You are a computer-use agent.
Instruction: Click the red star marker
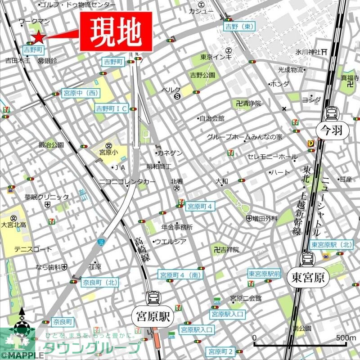coord(38,37)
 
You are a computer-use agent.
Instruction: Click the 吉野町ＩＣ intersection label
coord(111,108)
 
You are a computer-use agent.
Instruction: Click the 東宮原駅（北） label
coord(332,245)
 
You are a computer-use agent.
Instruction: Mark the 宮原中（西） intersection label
coord(80,93)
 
